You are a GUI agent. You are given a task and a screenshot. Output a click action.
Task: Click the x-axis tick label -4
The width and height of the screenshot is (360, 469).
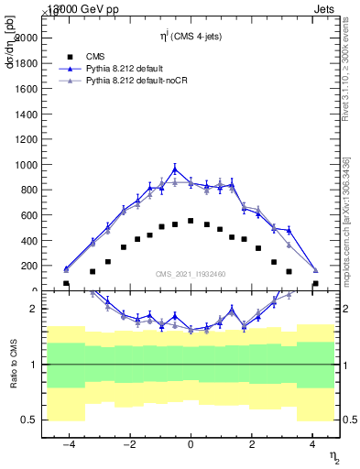(68, 444)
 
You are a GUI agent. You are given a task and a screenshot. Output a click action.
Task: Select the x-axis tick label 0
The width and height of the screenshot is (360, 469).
(191, 444)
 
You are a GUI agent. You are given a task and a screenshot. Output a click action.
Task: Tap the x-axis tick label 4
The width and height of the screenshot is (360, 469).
(312, 444)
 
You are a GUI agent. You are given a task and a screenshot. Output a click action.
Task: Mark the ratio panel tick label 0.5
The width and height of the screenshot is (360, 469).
(30, 420)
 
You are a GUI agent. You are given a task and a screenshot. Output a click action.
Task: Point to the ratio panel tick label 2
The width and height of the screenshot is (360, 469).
(34, 309)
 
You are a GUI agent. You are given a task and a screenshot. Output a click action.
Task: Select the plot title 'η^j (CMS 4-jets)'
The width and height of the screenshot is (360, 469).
(191, 35)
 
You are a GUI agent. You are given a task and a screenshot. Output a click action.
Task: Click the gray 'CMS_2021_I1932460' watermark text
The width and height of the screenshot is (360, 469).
(191, 275)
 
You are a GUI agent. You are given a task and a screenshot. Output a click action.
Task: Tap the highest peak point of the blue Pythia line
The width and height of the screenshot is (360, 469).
(175, 169)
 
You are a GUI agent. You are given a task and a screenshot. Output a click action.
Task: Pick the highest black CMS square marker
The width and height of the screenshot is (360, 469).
(191, 221)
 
